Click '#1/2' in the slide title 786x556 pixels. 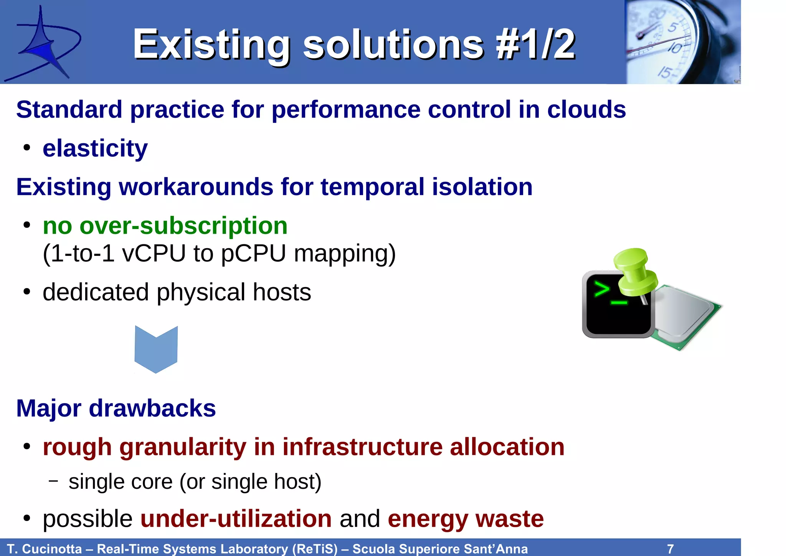535,45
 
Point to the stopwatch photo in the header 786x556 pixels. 682,41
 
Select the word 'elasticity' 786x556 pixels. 95,148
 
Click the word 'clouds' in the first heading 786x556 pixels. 586,110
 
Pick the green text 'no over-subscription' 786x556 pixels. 165,226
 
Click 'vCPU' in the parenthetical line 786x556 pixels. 154,254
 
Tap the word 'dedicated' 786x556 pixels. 96,292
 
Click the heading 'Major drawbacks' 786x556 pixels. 116,408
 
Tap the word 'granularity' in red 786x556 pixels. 182,447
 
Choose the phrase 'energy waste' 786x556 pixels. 466,519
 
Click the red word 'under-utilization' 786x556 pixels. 236,519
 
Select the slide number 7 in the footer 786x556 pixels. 670,549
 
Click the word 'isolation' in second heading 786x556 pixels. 482,187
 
